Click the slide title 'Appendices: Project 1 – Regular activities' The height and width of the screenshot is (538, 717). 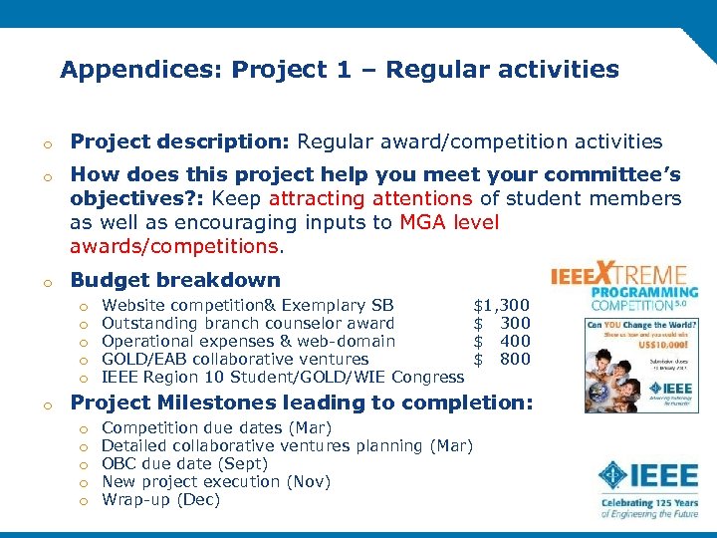coord(339,70)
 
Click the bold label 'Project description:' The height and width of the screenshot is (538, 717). coord(180,142)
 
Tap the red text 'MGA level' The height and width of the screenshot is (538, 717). coord(449,221)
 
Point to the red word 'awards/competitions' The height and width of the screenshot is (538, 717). coord(174,244)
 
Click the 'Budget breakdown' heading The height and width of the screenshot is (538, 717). coord(175,281)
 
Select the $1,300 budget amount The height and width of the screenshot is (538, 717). coord(501,305)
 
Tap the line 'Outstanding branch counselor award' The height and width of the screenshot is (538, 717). coord(248,323)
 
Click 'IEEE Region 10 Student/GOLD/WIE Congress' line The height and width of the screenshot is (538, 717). coord(283,377)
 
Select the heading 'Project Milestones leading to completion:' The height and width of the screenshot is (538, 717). coord(302,403)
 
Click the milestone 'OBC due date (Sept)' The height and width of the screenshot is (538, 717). coord(185,463)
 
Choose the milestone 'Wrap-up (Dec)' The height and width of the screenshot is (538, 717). coord(160,499)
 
